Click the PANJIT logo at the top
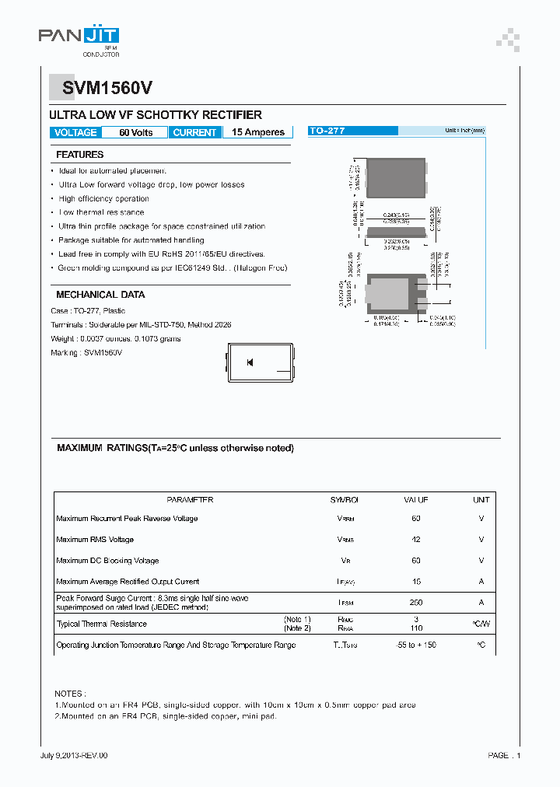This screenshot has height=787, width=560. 79,37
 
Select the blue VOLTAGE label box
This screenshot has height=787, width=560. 75,132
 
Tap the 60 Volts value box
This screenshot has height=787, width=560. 135,132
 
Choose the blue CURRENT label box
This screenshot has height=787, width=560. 194,132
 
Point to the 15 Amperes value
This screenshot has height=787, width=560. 258,132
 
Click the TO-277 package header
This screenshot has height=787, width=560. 327,131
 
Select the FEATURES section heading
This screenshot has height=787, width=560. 79,155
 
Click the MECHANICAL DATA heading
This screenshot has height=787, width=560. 100,295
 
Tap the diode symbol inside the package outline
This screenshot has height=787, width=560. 250,362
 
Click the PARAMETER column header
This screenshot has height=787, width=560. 190,500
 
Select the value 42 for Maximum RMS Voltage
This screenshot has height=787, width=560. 416,540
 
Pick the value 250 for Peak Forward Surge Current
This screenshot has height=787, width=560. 416,603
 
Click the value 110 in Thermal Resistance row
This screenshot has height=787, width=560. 416,628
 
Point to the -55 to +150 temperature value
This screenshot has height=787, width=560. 416,645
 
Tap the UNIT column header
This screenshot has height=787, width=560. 481,500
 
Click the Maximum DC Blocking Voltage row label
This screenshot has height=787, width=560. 107,561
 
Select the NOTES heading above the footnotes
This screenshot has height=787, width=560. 71,693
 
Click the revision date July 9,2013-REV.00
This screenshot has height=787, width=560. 74,755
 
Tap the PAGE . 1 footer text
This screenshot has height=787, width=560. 504,755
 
